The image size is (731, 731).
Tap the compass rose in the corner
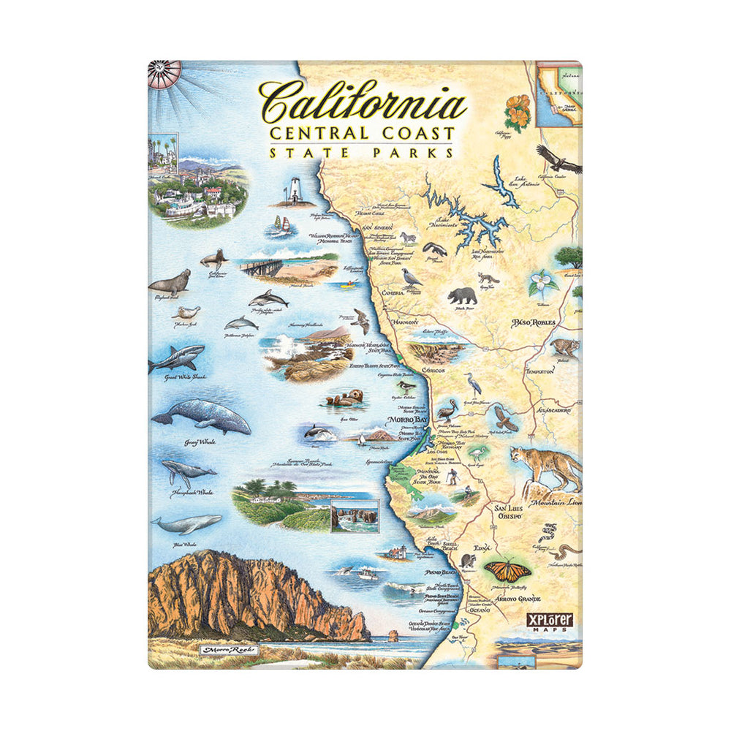[164, 74]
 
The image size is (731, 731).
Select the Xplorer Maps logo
[550, 621]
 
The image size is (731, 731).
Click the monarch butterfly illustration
[507, 568]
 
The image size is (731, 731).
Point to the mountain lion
[544, 467]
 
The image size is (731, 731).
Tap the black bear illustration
[462, 295]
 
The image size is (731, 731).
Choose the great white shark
[176, 359]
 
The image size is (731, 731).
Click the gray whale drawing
[202, 416]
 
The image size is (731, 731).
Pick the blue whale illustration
[187, 523]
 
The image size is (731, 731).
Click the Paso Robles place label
[534, 322]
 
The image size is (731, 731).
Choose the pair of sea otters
[344, 398]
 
